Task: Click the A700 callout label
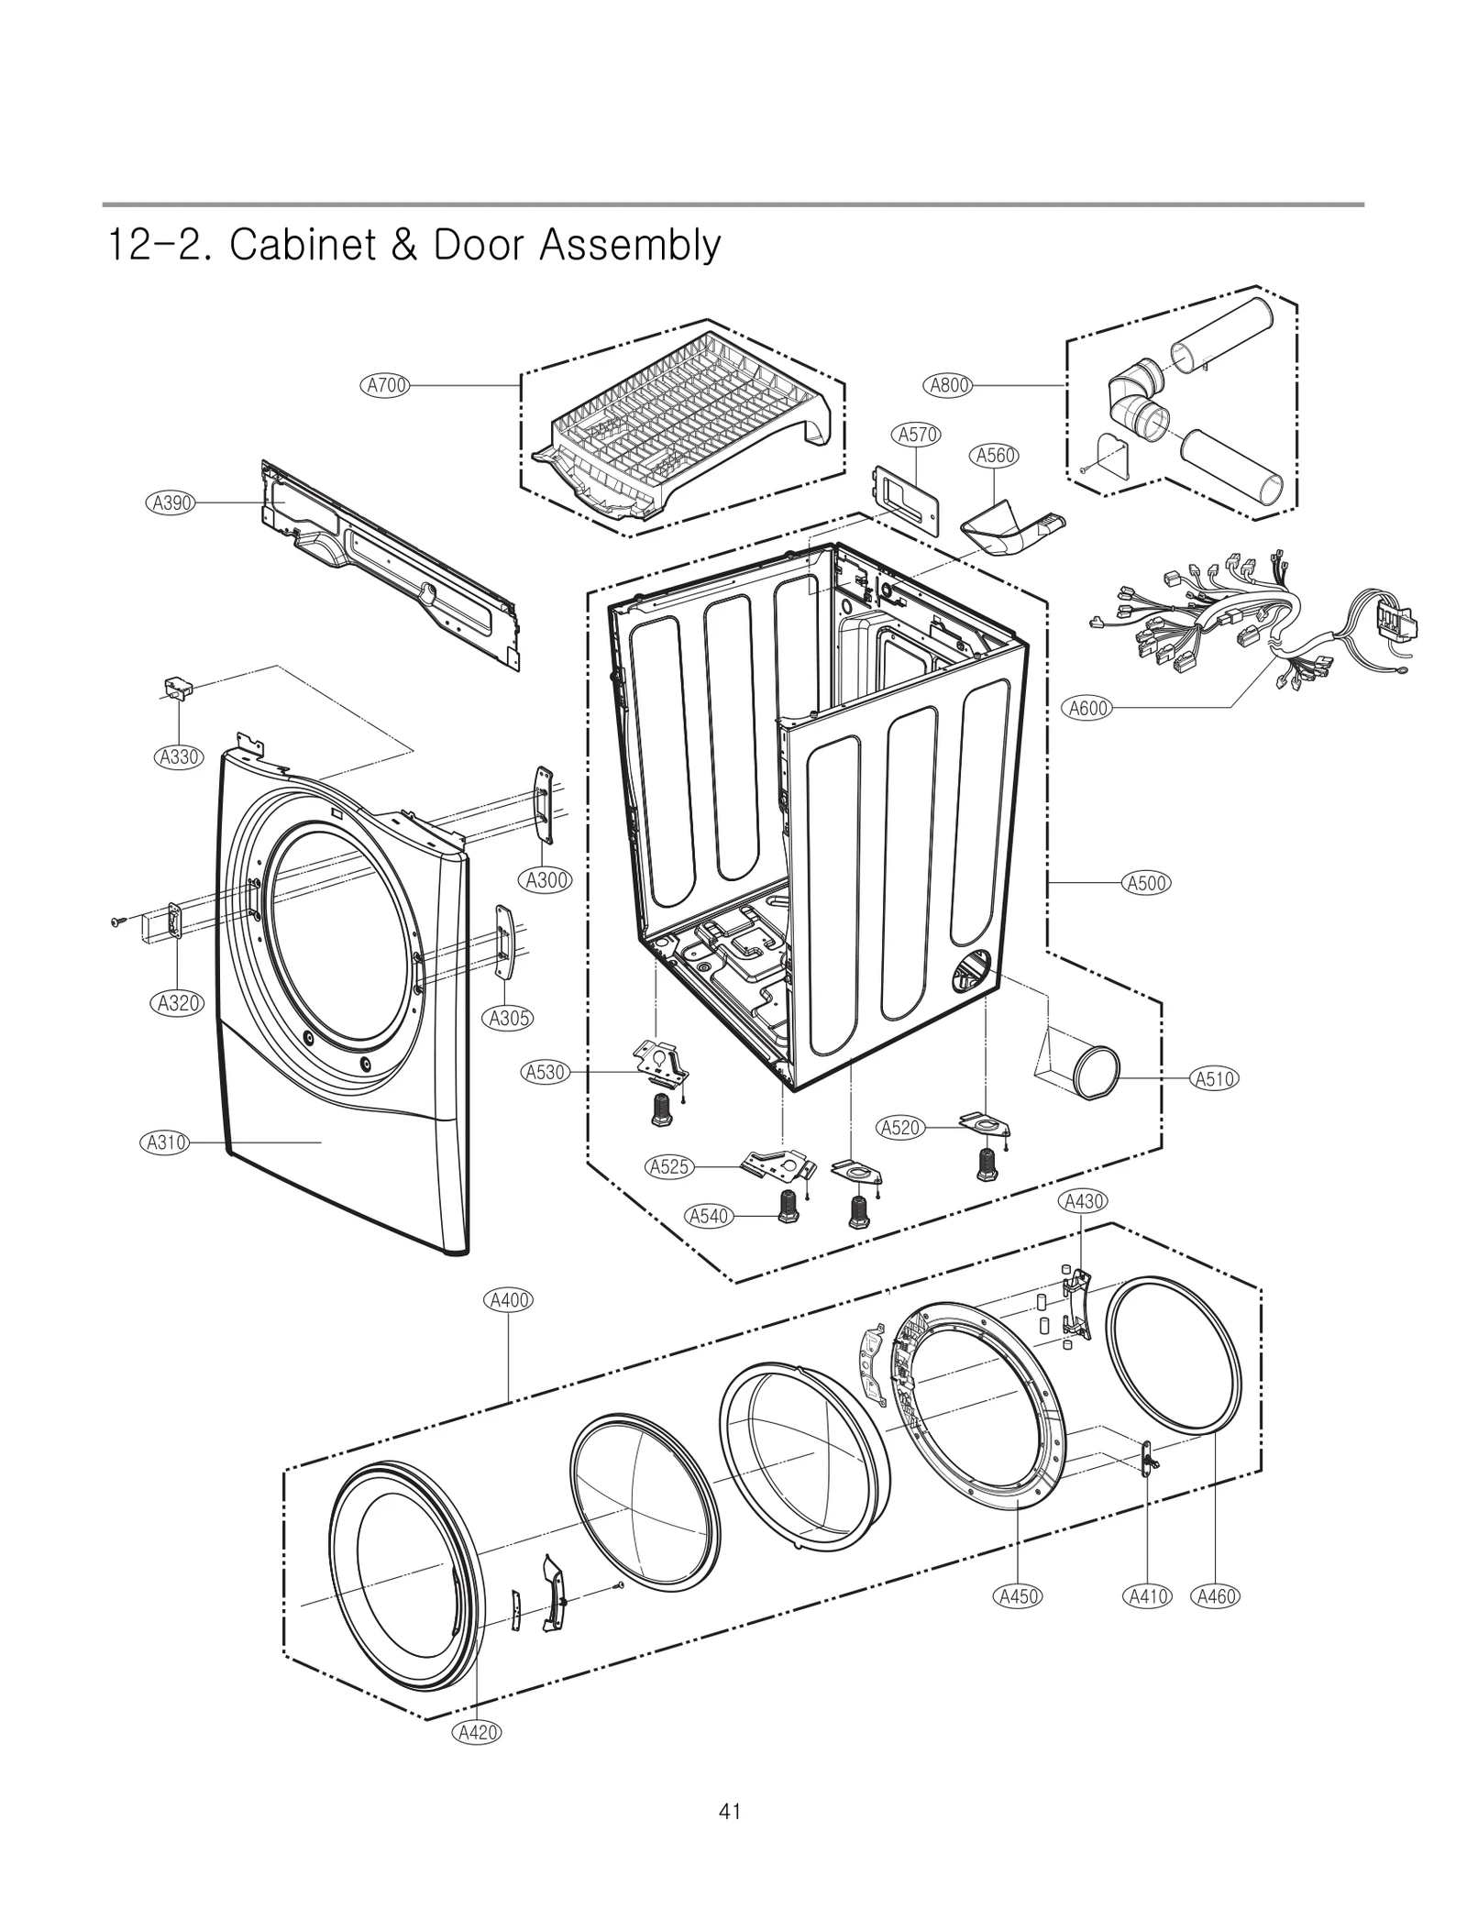[x=386, y=386]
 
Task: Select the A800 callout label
[x=950, y=386]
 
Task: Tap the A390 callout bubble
[x=171, y=502]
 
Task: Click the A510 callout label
[x=1215, y=1079]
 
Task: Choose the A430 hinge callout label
[x=1083, y=1201]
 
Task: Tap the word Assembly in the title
[x=629, y=246]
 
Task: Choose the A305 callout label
[x=508, y=1018]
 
